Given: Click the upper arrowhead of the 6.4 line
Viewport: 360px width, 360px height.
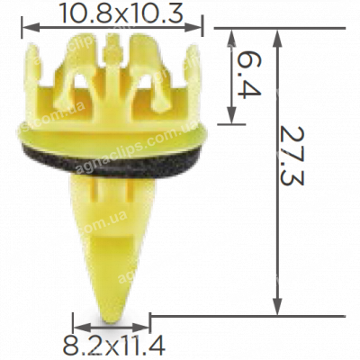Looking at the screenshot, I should coord(235,32).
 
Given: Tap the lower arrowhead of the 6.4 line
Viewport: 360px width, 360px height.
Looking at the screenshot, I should coord(235,121).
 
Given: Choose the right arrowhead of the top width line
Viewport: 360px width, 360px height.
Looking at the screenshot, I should coord(208,28).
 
